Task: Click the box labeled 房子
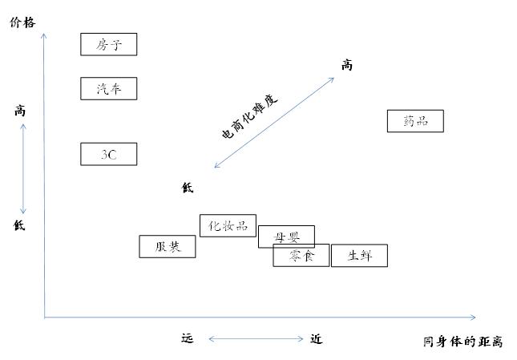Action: coord(109,44)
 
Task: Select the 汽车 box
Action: coord(109,88)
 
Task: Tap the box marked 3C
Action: coord(109,154)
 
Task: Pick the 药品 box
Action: coord(415,121)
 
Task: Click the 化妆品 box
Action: coord(228,225)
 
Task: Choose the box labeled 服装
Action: coord(167,246)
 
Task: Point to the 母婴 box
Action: coord(286,236)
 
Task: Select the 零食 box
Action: coord(301,256)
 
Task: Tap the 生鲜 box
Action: coord(359,256)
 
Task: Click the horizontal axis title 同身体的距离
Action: coord(463,342)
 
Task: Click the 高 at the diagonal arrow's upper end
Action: coord(346,65)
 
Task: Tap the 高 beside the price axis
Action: coord(20,111)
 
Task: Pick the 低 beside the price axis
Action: coord(20,225)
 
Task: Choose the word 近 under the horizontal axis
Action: coord(317,339)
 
